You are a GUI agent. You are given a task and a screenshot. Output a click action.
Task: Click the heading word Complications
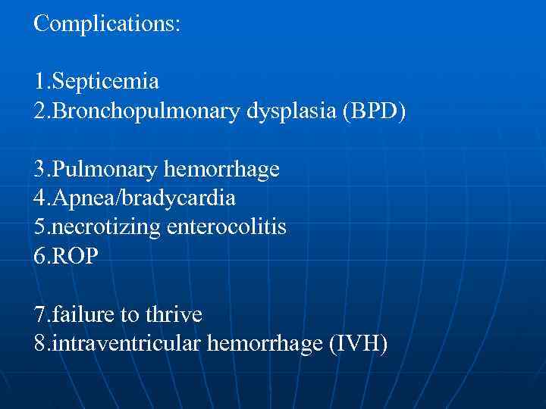pyautogui.click(x=107, y=23)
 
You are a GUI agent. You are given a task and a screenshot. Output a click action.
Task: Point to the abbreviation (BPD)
pyautogui.click(x=375, y=112)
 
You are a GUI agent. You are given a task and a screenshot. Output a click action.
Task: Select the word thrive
pyautogui.click(x=175, y=313)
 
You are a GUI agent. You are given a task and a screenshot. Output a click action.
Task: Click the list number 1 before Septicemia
pyautogui.click(x=39, y=80)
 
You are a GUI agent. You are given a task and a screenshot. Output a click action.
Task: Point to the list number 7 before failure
pyautogui.click(x=39, y=313)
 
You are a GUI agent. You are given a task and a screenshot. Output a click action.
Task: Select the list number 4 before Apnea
pyautogui.click(x=39, y=198)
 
